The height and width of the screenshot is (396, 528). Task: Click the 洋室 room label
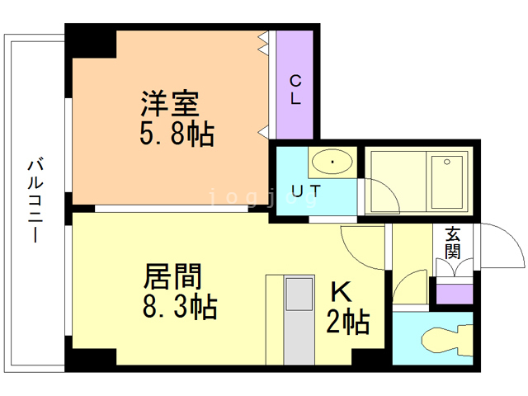click(170, 104)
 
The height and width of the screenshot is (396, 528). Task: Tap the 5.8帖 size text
click(177, 134)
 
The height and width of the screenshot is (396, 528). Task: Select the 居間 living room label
click(172, 276)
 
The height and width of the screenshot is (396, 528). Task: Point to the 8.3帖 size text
click(180, 306)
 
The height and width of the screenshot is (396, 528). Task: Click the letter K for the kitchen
click(342, 291)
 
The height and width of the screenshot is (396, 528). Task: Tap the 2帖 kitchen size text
click(348, 322)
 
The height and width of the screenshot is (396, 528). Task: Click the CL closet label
click(295, 90)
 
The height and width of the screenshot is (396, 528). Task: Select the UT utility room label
click(306, 191)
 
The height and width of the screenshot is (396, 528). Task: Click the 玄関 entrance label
click(453, 243)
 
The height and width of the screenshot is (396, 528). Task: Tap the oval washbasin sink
click(332, 162)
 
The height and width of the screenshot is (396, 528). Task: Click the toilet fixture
click(447, 339)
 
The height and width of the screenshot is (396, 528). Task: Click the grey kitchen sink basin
click(299, 294)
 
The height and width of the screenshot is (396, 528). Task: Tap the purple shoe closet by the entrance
click(455, 294)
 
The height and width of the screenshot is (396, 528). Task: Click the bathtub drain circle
click(447, 162)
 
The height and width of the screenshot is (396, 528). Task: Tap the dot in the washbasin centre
click(332, 162)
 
